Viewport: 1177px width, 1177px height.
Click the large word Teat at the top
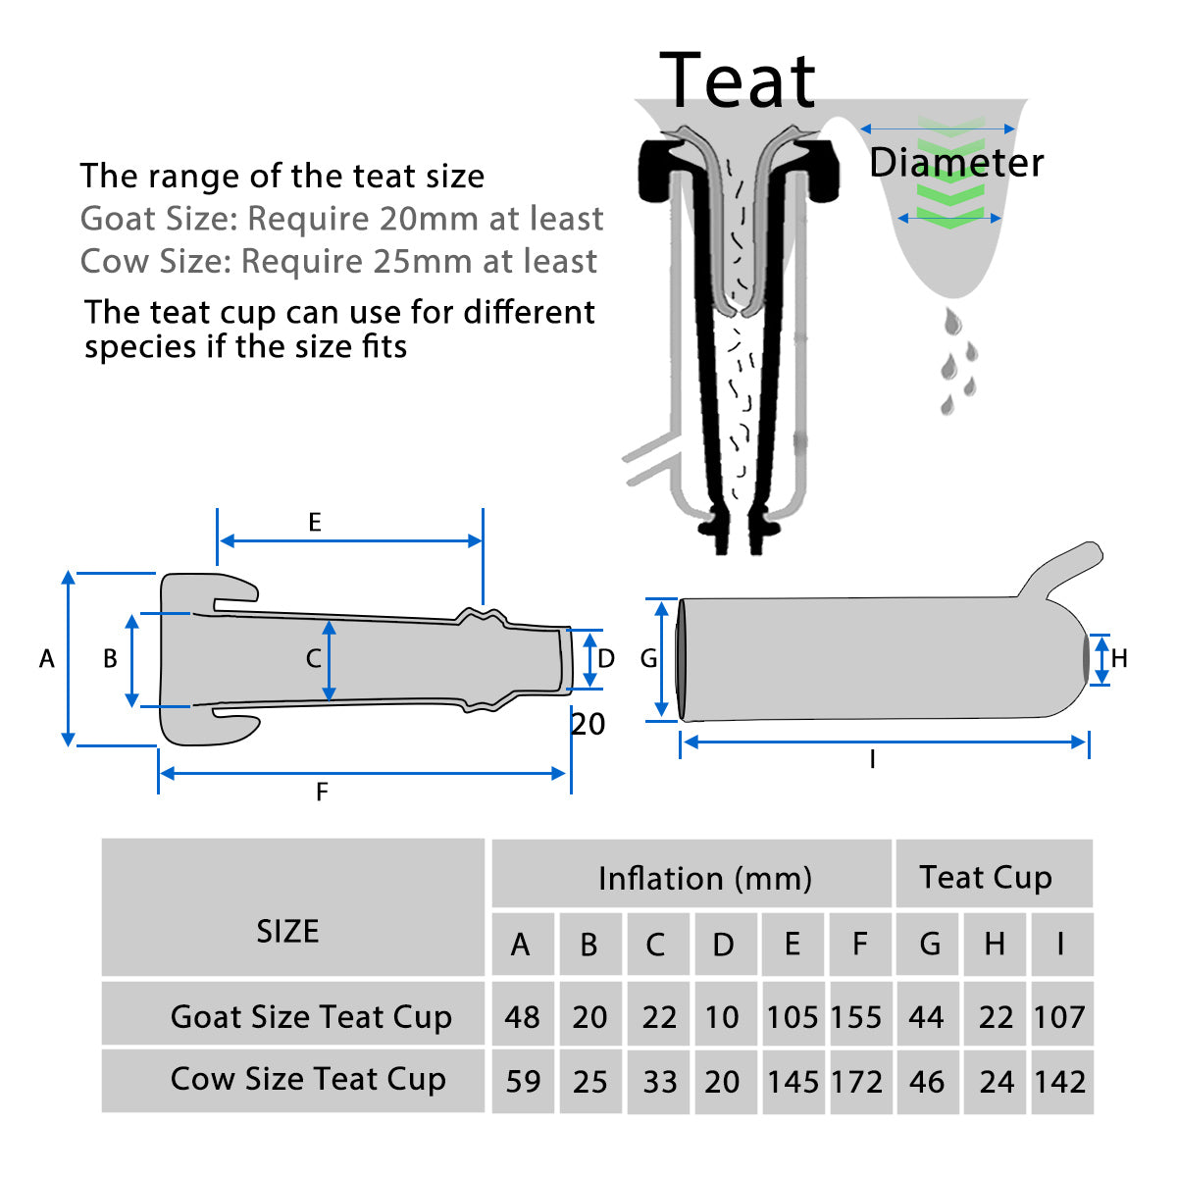tap(738, 80)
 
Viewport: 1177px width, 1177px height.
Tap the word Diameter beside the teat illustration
tap(956, 163)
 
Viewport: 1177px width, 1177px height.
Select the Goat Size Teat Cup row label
tap(311, 1016)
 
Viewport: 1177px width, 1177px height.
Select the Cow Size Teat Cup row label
tap(308, 1079)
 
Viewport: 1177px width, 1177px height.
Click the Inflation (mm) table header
tap(704, 878)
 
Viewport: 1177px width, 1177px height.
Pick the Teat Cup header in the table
tap(986, 877)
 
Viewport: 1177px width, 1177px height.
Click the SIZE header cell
tap(287, 931)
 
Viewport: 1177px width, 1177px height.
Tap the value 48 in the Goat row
tap(522, 1017)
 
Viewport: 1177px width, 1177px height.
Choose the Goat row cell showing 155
tap(856, 1017)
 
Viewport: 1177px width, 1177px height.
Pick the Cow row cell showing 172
tap(856, 1081)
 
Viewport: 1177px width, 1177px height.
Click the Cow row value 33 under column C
tap(659, 1081)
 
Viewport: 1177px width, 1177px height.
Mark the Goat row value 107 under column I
tap(1059, 1017)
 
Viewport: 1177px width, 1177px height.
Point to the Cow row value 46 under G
tap(926, 1081)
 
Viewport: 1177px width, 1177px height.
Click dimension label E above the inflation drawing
tap(315, 522)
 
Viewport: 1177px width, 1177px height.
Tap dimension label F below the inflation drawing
tap(322, 792)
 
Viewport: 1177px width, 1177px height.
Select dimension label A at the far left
tap(46, 659)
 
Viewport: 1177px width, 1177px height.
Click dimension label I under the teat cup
tap(872, 760)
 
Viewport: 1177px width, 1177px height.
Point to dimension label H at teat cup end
tap(1119, 659)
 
